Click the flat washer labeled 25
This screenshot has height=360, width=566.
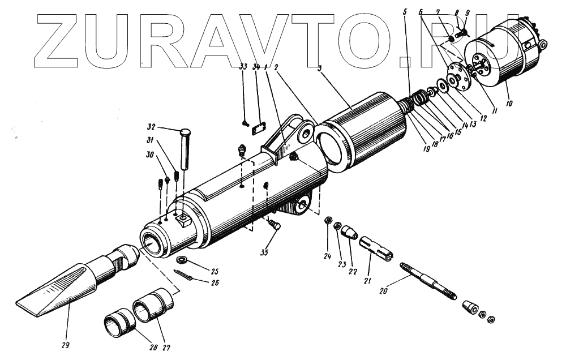[x=182, y=260]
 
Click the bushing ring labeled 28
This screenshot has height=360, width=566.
[x=118, y=323]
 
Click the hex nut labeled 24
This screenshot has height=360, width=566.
[x=328, y=220]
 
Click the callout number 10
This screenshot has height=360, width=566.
[x=508, y=104]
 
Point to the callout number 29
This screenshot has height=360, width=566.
[x=67, y=344]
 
